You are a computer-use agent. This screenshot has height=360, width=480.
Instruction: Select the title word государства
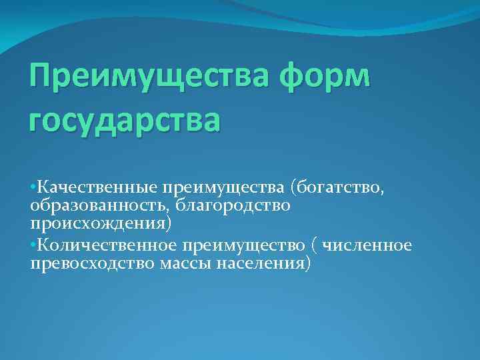(123, 121)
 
